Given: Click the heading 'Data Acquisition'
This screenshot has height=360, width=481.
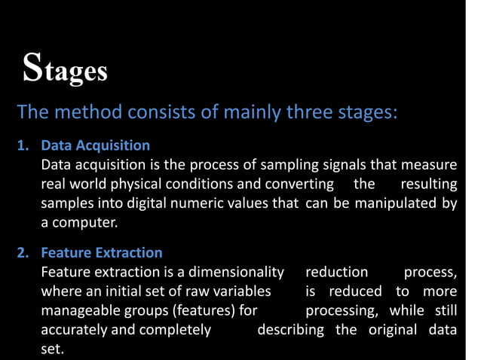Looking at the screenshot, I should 96,145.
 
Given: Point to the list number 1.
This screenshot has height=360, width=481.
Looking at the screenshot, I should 23,145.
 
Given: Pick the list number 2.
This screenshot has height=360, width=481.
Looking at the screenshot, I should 23,253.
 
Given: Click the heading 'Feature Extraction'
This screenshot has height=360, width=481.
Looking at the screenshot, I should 102,253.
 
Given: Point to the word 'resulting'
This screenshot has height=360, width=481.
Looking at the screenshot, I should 428,185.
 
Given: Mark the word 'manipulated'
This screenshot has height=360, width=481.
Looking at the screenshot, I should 395,204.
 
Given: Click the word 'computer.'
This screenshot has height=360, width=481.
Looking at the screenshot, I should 80,224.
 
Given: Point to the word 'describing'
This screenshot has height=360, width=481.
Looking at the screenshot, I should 291,331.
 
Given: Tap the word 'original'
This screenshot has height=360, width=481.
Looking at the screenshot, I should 396,331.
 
